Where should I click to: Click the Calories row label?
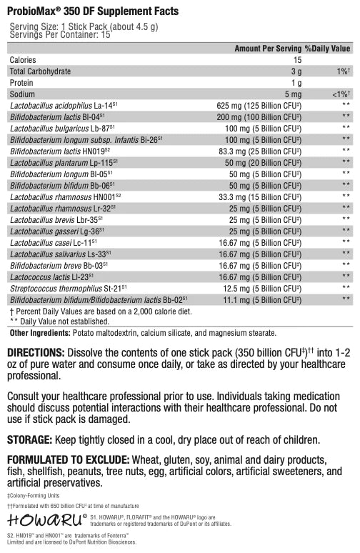pos(22,60)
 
